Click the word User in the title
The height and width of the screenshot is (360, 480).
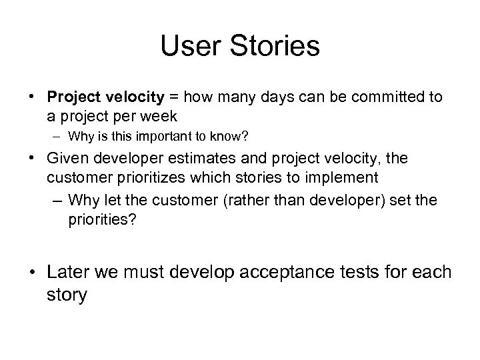[x=189, y=46]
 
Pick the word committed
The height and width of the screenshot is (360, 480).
[x=378, y=97]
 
